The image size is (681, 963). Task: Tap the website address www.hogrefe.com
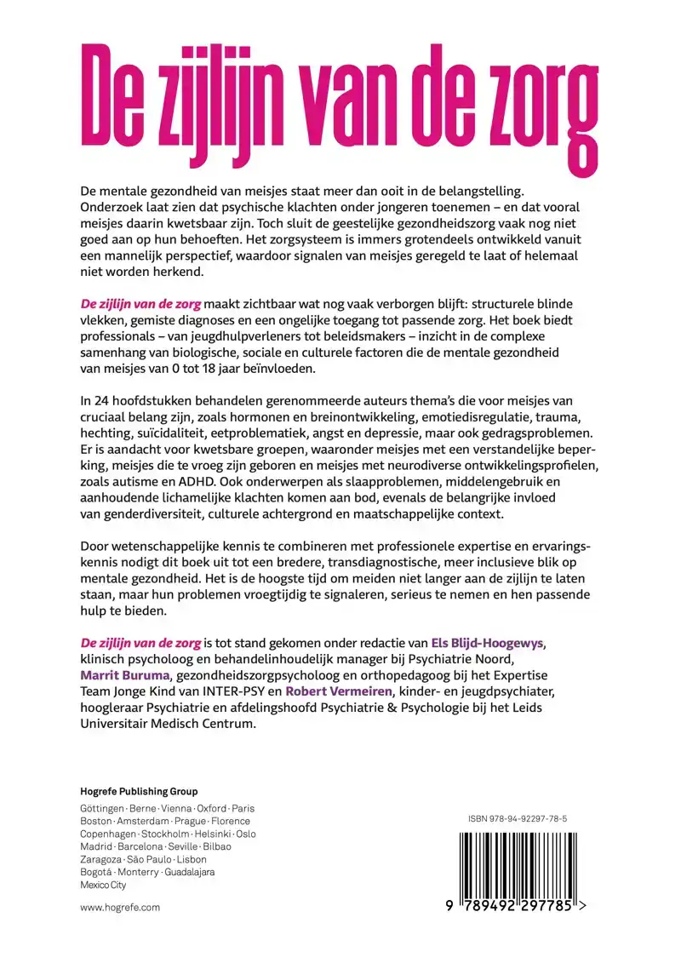coord(120,908)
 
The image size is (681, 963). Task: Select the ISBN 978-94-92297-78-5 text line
coord(518,818)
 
